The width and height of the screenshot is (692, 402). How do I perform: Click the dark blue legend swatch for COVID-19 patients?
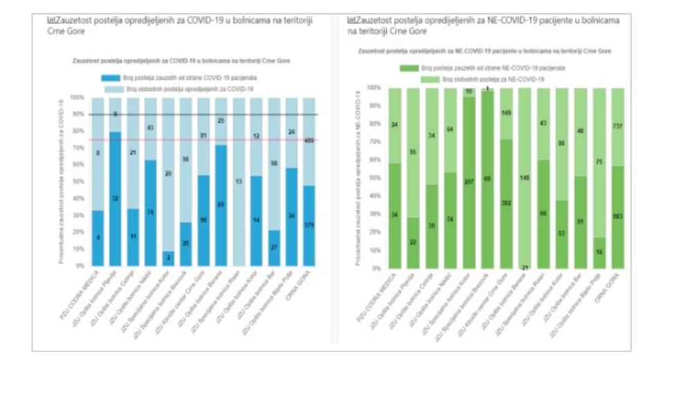tap(111, 79)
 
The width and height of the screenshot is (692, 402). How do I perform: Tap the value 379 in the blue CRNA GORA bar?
tap(309, 243)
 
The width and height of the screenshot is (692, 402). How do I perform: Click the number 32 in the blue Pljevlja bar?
tap(115, 198)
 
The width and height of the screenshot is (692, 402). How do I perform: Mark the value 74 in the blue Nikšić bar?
tap(151, 211)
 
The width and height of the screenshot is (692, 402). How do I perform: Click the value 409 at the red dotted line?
tap(309, 141)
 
